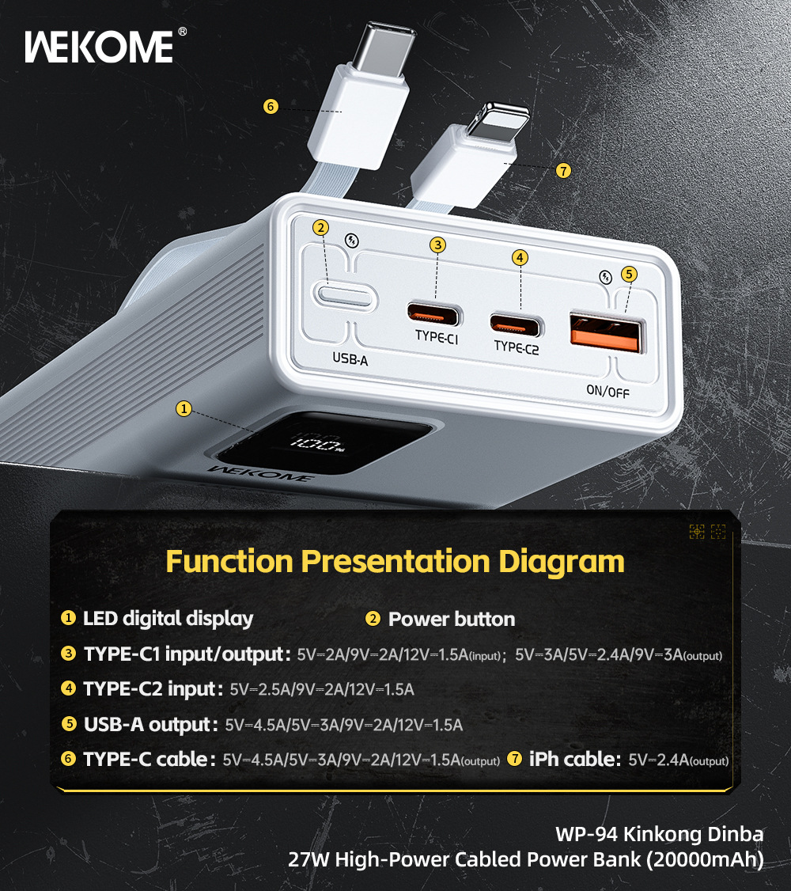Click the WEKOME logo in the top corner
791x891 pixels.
click(x=99, y=47)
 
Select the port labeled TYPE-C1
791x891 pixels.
click(x=433, y=314)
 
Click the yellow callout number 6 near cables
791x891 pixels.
click(x=271, y=106)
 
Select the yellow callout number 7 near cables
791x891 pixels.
click(x=562, y=170)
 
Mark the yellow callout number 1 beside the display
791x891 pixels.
click(x=184, y=408)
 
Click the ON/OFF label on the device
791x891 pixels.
click(x=607, y=392)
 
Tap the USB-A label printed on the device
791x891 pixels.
click(x=350, y=359)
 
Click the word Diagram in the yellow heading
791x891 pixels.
click(x=562, y=562)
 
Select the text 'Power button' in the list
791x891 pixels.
click(x=452, y=620)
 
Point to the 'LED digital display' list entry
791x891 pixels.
click(x=168, y=619)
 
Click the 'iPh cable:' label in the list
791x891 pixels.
click(x=574, y=759)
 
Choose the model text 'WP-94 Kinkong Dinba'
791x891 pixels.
click(x=659, y=834)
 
